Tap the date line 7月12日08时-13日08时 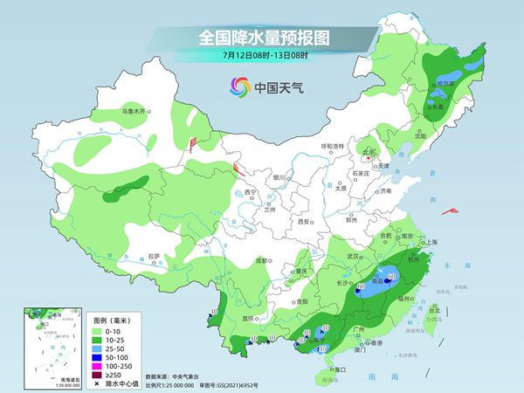click(x=262, y=56)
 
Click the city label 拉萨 click(x=154, y=256)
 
